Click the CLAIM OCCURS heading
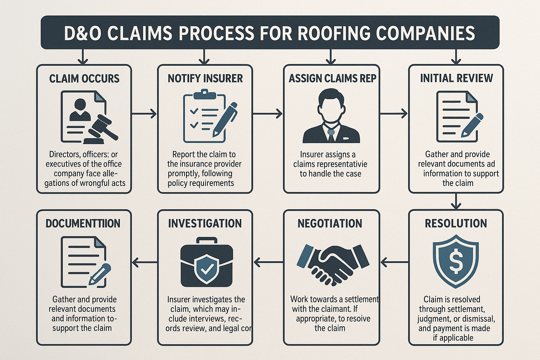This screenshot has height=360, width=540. click(84, 78)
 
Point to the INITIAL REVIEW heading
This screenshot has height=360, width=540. click(456, 78)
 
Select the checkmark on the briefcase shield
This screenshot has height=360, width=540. click(206, 269)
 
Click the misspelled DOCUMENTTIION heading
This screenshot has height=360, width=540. click(83, 224)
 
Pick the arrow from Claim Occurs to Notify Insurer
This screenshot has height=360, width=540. click(144, 114)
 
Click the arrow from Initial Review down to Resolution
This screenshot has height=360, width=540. click(456, 201)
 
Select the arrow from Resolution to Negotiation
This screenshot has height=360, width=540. click(394, 262)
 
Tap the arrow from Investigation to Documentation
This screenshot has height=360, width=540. click(144, 262)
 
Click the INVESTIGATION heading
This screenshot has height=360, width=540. click(205, 224)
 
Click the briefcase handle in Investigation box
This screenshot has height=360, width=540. click(206, 240)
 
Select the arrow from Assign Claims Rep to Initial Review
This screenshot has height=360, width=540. click(394, 114)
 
